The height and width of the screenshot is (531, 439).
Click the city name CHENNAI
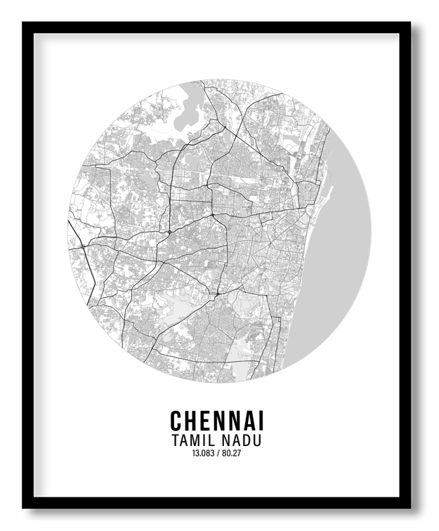(217, 421)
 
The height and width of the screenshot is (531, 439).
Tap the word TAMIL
(190, 441)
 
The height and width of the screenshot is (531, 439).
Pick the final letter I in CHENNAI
(261, 421)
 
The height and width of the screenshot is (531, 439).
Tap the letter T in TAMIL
(174, 441)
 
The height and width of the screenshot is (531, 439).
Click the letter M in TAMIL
(192, 441)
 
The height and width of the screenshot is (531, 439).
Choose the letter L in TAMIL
(209, 441)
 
